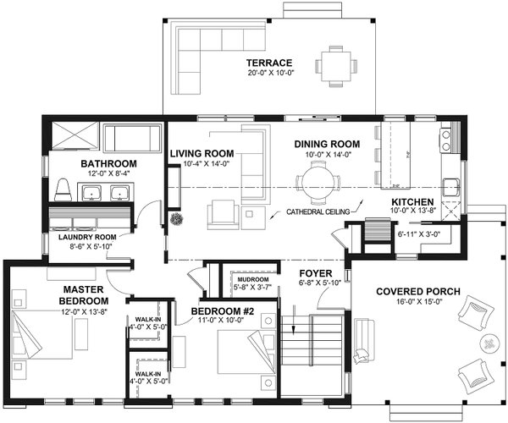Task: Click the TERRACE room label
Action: (x=269, y=63)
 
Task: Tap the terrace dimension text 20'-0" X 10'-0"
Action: (x=269, y=74)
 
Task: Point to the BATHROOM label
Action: (x=108, y=163)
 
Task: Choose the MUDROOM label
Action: (x=253, y=278)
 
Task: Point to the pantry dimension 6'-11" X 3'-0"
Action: (x=419, y=232)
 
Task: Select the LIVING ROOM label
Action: (x=202, y=153)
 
